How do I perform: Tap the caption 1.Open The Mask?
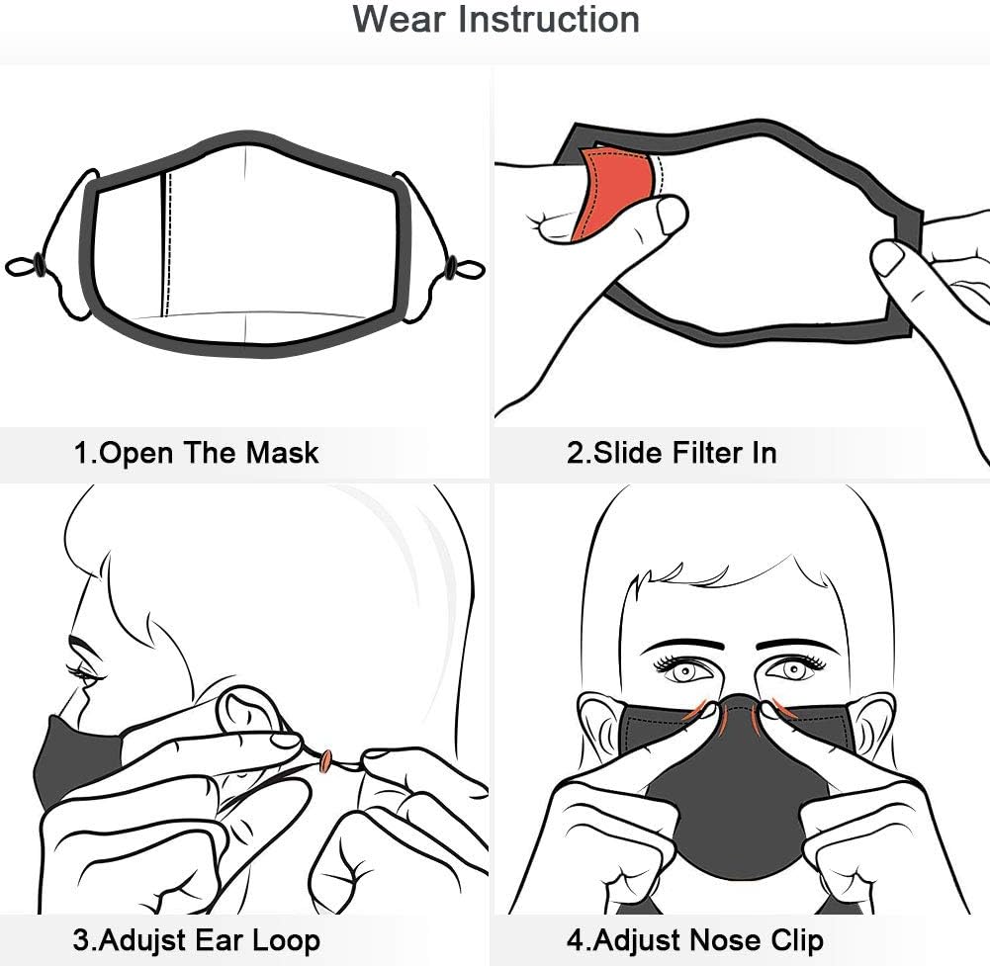[x=196, y=454]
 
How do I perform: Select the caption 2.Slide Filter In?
[x=671, y=454]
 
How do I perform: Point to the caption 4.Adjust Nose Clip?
[x=695, y=938]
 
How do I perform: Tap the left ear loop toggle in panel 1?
[x=39, y=264]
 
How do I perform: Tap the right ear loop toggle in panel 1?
[x=454, y=266]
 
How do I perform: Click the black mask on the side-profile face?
[x=74, y=756]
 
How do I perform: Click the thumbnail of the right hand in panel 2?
[x=887, y=259]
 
